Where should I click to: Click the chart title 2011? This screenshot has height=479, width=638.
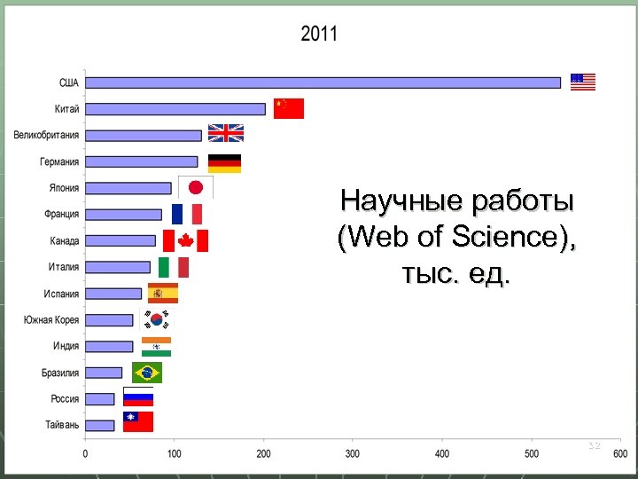click(x=319, y=35)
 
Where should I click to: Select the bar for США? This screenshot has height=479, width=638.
click(x=323, y=82)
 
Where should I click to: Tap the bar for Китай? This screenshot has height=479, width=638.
click(x=175, y=109)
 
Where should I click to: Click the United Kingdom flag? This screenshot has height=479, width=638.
click(x=225, y=133)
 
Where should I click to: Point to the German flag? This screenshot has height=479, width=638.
click(x=224, y=163)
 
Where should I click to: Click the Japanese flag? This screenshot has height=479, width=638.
click(x=196, y=187)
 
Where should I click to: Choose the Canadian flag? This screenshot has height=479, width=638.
click(x=185, y=240)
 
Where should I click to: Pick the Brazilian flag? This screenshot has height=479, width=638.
click(x=147, y=373)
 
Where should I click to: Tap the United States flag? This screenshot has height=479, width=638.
click(x=583, y=82)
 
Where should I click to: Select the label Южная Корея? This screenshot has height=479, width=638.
click(x=51, y=320)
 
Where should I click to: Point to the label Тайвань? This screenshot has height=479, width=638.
click(x=62, y=426)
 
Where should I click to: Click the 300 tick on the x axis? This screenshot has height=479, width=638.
click(x=353, y=454)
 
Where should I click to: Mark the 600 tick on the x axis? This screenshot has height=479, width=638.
click(x=619, y=454)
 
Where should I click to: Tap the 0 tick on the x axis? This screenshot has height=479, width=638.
click(x=85, y=454)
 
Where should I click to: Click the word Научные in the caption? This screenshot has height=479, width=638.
click(x=393, y=201)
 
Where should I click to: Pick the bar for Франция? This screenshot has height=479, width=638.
click(x=124, y=215)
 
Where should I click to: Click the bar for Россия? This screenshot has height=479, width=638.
click(x=100, y=399)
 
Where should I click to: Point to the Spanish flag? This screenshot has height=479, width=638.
click(x=163, y=294)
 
